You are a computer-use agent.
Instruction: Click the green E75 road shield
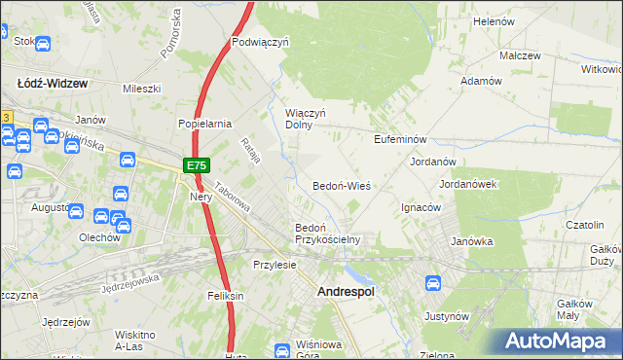(195, 166)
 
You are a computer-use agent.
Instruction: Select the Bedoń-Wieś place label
(342, 185)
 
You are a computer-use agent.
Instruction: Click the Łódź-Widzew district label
(53, 84)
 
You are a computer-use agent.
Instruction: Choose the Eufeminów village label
(401, 139)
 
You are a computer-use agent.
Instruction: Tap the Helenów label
(493, 20)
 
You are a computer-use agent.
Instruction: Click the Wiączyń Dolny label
(305, 118)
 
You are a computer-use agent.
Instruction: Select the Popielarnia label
(203, 124)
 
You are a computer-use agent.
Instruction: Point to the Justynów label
(447, 316)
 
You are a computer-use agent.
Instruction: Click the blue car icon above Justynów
(433, 283)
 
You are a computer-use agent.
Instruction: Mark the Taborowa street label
(234, 198)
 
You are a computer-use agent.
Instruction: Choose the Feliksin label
(223, 295)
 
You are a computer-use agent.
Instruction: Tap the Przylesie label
(274, 265)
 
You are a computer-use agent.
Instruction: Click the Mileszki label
(140, 89)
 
